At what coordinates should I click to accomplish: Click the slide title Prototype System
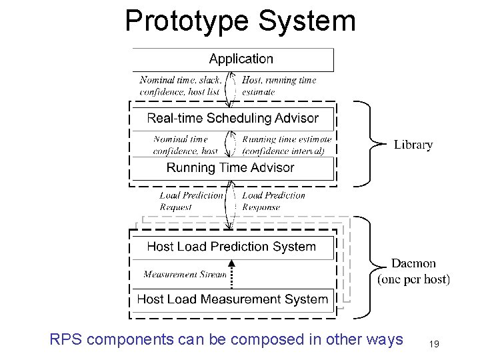coord(240,21)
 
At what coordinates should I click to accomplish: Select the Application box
coord(233,59)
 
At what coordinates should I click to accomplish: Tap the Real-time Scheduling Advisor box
coord(233,119)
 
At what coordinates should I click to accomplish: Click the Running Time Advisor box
coord(231,167)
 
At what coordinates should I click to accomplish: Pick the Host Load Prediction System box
coord(231,247)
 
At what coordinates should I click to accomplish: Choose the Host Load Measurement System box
coord(232,299)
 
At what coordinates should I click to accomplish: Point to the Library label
coord(413,144)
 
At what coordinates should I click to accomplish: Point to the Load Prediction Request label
coord(191,201)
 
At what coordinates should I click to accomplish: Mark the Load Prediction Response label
coord(273,201)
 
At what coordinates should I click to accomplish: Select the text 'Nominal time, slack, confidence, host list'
coord(180,86)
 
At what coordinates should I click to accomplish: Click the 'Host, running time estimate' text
coord(279,86)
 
